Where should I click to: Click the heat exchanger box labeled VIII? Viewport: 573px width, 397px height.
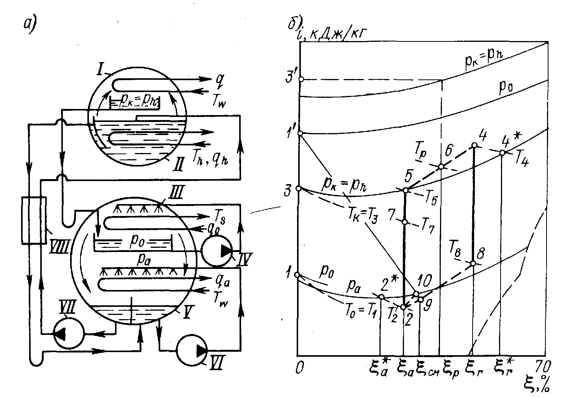pyautogui.click(x=34, y=220)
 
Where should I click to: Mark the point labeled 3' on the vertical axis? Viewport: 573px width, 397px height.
pyautogui.click(x=301, y=79)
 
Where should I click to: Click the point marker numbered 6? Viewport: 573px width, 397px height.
pyautogui.click(x=441, y=166)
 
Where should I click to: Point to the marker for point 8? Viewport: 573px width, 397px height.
pyautogui.click(x=473, y=263)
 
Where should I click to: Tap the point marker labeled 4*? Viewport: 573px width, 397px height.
pyautogui.click(x=502, y=152)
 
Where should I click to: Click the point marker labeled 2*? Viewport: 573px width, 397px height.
pyautogui.click(x=381, y=297)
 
